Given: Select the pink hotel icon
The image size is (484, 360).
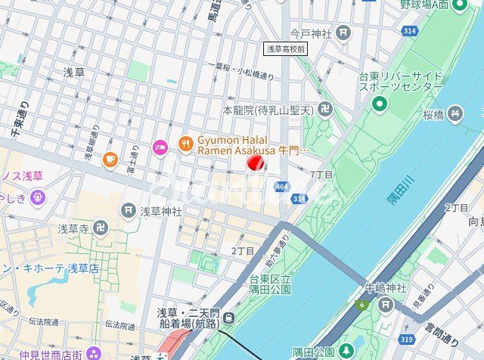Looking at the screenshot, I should coord(159,145).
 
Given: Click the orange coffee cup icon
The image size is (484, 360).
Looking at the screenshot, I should coord(110,159).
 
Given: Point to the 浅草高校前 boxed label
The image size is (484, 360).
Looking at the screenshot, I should coord(285,48).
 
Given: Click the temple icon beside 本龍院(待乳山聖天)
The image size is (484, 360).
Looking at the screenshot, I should coord(325,110).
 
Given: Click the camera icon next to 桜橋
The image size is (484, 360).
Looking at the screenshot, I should coord(455,115).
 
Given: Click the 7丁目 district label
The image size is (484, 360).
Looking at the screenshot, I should coord(322,175).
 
